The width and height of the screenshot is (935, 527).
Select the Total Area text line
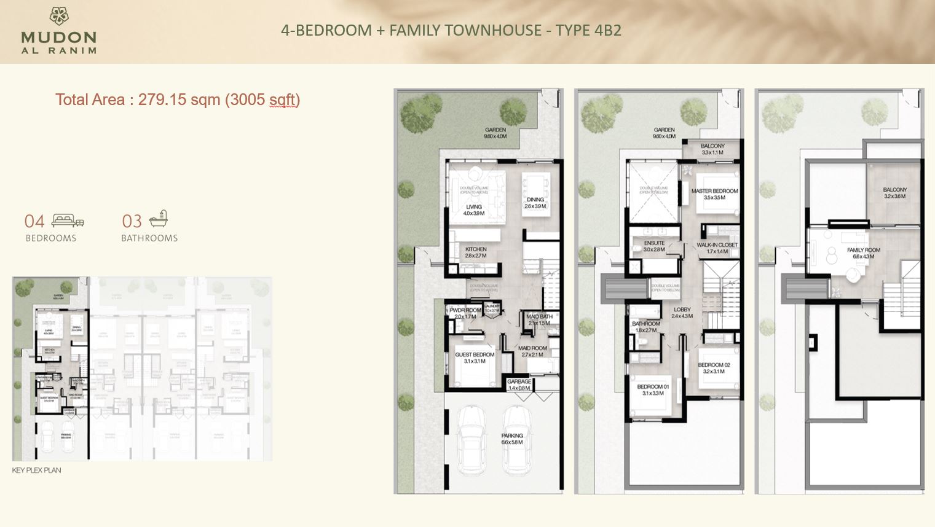[x=177, y=100]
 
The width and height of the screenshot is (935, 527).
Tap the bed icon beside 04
[x=68, y=221]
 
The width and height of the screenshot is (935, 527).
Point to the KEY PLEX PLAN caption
[x=36, y=470]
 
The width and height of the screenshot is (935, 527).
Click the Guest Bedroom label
[x=475, y=357]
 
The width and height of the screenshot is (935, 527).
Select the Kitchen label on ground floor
[x=475, y=252]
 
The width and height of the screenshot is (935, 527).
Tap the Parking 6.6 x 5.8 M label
[x=512, y=439]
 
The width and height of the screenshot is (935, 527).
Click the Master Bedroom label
[x=714, y=194]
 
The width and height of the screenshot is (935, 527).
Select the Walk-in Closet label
[x=717, y=248]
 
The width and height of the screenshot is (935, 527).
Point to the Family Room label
[x=863, y=253]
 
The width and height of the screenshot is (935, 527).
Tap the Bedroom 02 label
[x=714, y=368]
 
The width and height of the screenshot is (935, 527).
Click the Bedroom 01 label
[x=652, y=390]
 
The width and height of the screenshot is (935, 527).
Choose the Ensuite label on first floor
[x=654, y=246]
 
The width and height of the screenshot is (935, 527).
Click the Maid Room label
[x=532, y=351]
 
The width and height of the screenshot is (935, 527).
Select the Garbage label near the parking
[x=519, y=385]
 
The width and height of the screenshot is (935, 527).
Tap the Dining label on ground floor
[x=535, y=203]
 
